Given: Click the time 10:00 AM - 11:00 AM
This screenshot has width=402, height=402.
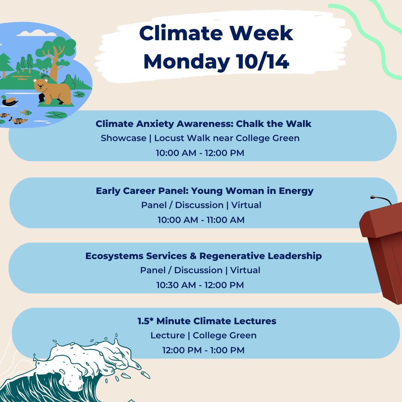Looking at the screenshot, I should [x=201, y=220].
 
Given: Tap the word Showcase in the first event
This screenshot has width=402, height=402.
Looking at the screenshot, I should [x=124, y=138].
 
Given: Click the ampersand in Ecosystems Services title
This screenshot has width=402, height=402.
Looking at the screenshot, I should [x=193, y=256].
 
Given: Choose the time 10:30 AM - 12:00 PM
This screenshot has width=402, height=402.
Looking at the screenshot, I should [x=200, y=285].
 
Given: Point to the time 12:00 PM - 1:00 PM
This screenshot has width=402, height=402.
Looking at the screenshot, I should [x=203, y=350].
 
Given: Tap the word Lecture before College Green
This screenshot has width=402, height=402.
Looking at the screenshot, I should [x=167, y=335].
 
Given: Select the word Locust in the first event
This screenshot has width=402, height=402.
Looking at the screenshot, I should [x=167, y=138].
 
